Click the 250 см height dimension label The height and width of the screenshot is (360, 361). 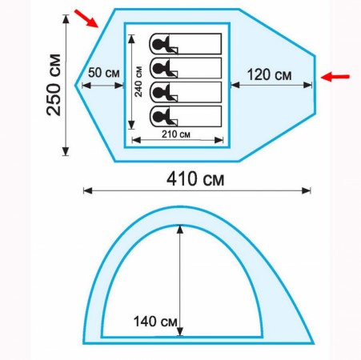[x=54, y=85]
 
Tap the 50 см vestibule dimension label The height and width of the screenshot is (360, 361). [x=103, y=73]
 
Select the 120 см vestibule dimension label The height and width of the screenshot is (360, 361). [x=269, y=74]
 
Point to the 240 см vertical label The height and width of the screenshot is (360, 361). [x=138, y=82]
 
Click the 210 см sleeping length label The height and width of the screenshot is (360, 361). [x=176, y=134]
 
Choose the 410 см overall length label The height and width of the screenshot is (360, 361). [x=195, y=179]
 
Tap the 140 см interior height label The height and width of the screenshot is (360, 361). [x=155, y=322]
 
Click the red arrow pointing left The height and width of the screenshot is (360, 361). [x=335, y=77]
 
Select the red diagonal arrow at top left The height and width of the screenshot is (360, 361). [x=86, y=18]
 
